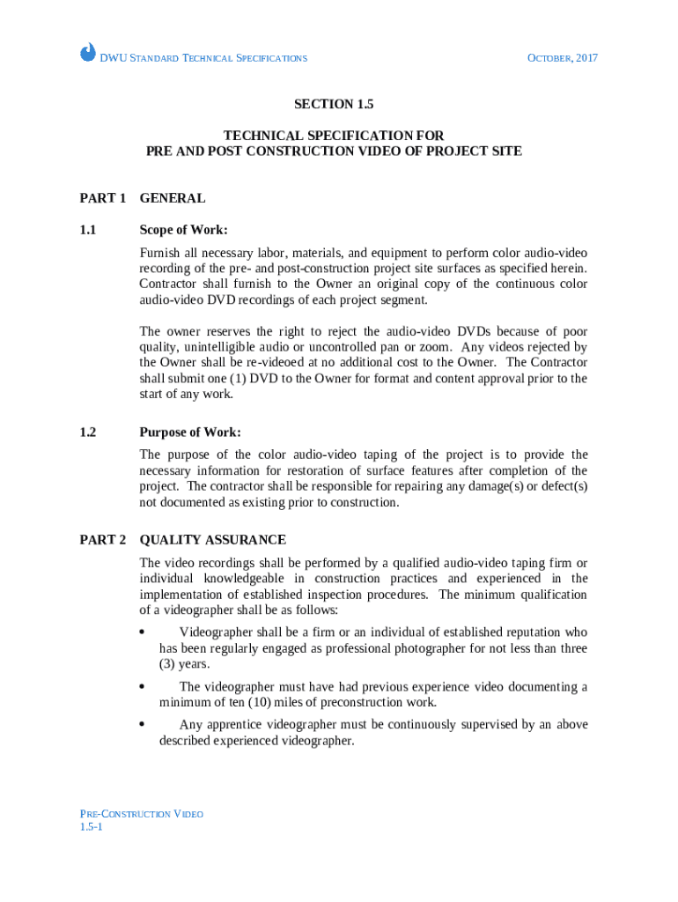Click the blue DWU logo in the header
(x=88, y=53)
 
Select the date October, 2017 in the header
(x=562, y=58)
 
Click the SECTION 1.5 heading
(x=334, y=104)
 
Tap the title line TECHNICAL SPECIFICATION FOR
(x=334, y=136)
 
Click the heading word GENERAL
(x=173, y=198)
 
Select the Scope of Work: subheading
(x=183, y=231)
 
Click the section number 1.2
(x=87, y=433)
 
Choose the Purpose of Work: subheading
(x=190, y=433)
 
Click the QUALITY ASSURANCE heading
(x=212, y=540)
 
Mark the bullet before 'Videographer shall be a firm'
(x=143, y=632)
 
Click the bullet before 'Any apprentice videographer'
(x=143, y=725)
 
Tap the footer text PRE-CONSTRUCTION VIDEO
(x=141, y=814)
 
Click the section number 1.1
(x=87, y=231)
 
